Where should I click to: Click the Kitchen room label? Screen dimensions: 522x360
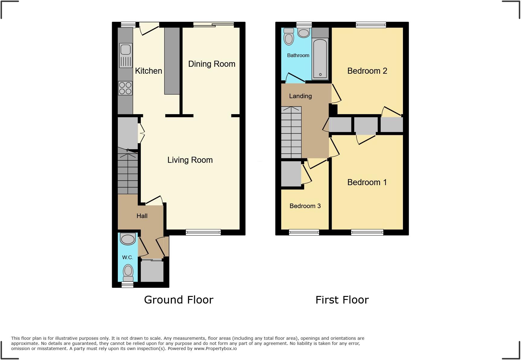click(x=148, y=71)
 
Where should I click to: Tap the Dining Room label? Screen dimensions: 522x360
click(x=211, y=64)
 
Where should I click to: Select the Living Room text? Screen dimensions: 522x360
click(x=190, y=160)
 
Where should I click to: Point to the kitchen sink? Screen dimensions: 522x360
click(x=126, y=55)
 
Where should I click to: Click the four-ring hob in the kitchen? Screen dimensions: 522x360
click(x=125, y=88)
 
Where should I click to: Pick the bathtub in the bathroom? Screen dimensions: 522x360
click(x=320, y=59)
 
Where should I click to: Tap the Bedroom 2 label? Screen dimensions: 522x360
click(x=367, y=71)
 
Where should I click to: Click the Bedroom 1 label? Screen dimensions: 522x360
click(x=367, y=182)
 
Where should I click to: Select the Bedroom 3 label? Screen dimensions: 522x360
click(x=305, y=206)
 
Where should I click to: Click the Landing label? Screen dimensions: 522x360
click(x=300, y=96)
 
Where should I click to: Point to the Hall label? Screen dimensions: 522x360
click(x=142, y=216)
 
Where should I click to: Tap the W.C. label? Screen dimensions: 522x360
click(x=127, y=258)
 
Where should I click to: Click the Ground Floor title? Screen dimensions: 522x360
click(x=179, y=300)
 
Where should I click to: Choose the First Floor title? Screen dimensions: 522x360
click(x=342, y=300)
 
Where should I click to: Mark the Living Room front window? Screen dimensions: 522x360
click(x=203, y=232)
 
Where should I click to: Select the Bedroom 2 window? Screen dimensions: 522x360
click(x=371, y=25)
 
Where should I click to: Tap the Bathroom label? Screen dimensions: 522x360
click(x=298, y=56)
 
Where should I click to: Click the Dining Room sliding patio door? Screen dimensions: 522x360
click(x=214, y=25)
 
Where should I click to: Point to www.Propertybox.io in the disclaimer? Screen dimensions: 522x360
click(x=215, y=349)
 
